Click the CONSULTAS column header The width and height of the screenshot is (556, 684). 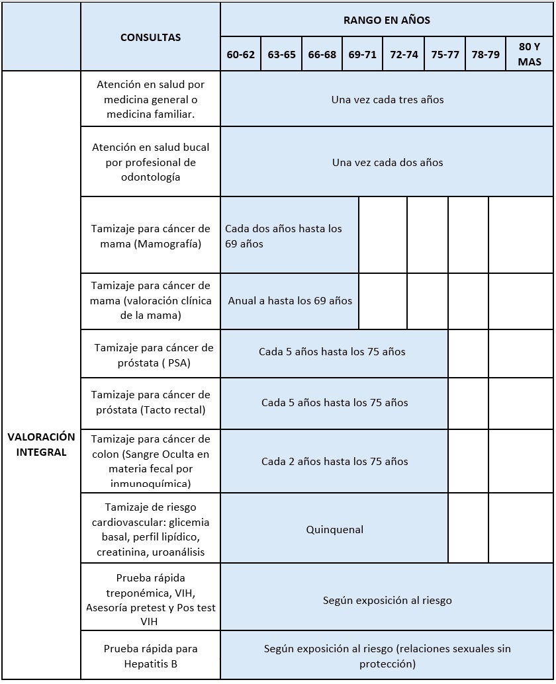click(x=150, y=38)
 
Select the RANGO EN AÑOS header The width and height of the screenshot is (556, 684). click(x=387, y=20)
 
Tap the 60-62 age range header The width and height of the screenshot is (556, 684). click(x=240, y=55)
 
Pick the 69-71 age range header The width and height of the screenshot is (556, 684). click(x=363, y=55)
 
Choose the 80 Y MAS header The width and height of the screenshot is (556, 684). click(x=530, y=54)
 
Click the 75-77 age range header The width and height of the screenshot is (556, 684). click(x=445, y=55)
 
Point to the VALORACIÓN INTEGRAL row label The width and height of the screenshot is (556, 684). click(x=41, y=445)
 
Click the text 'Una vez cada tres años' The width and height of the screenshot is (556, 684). click(x=387, y=100)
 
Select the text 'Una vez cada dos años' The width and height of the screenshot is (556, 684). click(x=387, y=162)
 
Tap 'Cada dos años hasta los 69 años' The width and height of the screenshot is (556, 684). click(x=283, y=236)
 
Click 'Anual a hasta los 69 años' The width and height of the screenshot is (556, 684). click(x=290, y=300)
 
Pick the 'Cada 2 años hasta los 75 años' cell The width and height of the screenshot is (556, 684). click(x=334, y=461)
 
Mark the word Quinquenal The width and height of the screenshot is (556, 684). click(x=334, y=529)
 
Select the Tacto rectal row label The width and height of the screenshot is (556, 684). click(x=150, y=402)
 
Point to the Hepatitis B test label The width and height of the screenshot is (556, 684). click(x=150, y=656)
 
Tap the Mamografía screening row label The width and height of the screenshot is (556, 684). click(x=150, y=236)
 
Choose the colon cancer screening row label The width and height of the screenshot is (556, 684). click(x=150, y=461)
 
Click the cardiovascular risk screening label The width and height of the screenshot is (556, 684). click(x=150, y=529)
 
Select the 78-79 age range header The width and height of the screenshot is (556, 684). click(x=486, y=55)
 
